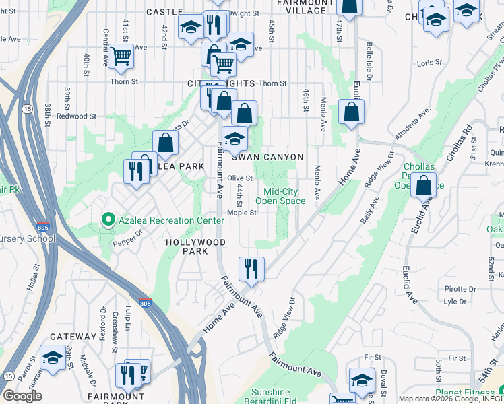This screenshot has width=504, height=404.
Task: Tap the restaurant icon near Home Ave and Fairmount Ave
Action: [x=251, y=267]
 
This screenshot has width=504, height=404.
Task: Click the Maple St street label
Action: [x=242, y=213]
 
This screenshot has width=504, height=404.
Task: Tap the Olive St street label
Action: [x=239, y=178]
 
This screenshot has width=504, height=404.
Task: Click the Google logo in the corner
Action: [x=22, y=396]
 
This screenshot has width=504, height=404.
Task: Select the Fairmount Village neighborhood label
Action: [x=301, y=7]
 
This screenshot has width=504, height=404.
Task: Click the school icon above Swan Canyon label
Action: [x=234, y=139]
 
